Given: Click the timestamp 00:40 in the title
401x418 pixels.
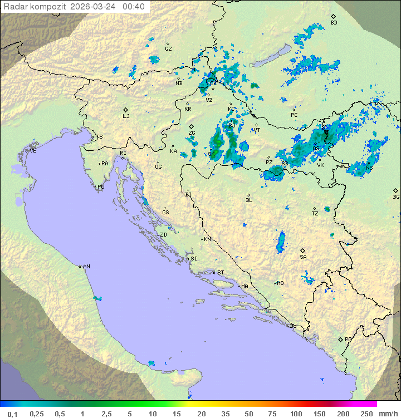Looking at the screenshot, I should pyautogui.click(x=134, y=7).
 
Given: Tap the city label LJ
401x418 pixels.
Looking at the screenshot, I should pyautogui.click(x=126, y=116).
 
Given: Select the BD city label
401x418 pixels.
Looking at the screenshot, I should pyautogui.click(x=334, y=23).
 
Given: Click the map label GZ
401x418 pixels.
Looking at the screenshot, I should pyautogui.click(x=168, y=49).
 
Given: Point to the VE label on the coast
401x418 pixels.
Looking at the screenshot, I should pyautogui.click(x=33, y=151).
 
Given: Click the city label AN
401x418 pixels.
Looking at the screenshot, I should pyautogui.click(x=86, y=267).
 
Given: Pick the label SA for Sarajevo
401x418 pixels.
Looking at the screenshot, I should pyautogui.click(x=303, y=257).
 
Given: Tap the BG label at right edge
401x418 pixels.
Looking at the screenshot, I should pyautogui.click(x=396, y=196).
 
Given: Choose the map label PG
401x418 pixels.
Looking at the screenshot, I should pyautogui.click(x=348, y=340).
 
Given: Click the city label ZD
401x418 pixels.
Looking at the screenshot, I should pyautogui.click(x=163, y=235).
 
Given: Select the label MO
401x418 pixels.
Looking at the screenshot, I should pyautogui.click(x=280, y=283).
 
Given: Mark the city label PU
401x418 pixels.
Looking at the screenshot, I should pyautogui.click(x=101, y=187).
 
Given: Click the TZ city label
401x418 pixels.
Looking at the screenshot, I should pyautogui.click(x=315, y=214).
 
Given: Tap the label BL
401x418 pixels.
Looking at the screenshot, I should pyautogui.click(x=249, y=200).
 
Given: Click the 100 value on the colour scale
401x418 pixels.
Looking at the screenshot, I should pyautogui.click(x=296, y=414).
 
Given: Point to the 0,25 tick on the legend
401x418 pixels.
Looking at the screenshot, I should pyautogui.click(x=37, y=414).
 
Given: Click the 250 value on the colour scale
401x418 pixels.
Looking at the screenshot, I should pyautogui.click(x=366, y=414).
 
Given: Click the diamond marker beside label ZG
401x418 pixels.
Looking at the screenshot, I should pyautogui.click(x=191, y=127).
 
